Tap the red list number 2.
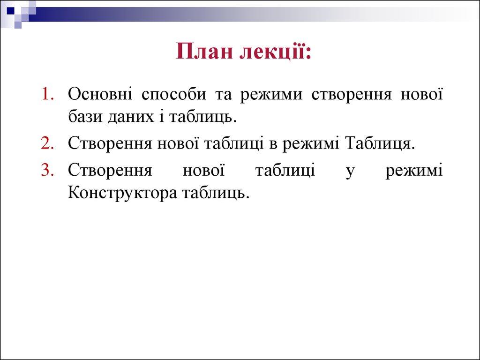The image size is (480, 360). pyautogui.click(x=47, y=143)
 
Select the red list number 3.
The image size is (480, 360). pyautogui.click(x=47, y=170)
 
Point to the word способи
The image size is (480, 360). pyautogui.click(x=173, y=95)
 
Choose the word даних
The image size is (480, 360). pyautogui.click(x=131, y=117)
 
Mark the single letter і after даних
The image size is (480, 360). pyautogui.click(x=161, y=116)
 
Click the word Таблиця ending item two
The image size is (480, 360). pyautogui.click(x=379, y=143)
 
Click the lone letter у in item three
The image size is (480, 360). pyautogui.click(x=350, y=172)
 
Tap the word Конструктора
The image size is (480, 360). pyautogui.click(x=122, y=193)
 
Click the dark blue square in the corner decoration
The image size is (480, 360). pyautogui.click(x=10, y=11)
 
